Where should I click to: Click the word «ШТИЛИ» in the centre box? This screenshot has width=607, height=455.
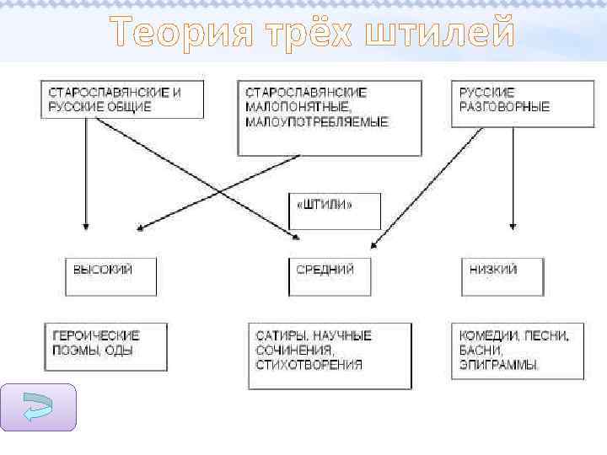(324, 205)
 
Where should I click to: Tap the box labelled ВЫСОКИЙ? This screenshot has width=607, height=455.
(111, 276)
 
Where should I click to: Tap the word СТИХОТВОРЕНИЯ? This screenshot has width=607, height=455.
(309, 365)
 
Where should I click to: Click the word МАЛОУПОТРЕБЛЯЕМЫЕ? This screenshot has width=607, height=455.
(317, 122)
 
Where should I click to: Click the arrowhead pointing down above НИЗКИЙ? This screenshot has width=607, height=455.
(513, 226)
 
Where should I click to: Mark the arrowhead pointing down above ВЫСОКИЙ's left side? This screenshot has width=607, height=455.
(85, 226)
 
